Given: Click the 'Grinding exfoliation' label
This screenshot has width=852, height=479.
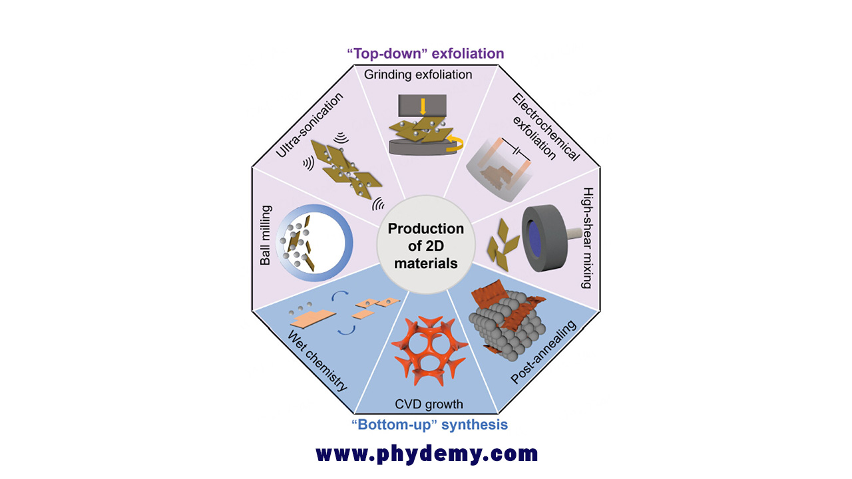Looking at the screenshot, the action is click(418, 75).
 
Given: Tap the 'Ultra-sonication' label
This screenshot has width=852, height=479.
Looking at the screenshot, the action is click(310, 125).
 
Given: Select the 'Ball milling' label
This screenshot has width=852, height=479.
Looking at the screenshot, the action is click(266, 236).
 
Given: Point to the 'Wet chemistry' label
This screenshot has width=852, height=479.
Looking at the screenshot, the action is click(318, 361).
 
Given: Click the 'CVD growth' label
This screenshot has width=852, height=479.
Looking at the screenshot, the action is click(429, 404).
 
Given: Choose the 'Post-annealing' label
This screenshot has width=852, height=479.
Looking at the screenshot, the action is click(544, 352).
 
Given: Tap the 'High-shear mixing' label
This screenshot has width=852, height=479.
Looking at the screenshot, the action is click(588, 238).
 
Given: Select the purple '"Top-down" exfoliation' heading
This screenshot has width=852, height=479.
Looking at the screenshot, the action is click(425, 54).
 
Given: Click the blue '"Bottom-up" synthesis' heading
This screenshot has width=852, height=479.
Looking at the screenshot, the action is click(429, 424).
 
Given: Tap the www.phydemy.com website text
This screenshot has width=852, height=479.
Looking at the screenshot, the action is click(427, 454).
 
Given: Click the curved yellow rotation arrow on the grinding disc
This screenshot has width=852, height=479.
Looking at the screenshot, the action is click(457, 144).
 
